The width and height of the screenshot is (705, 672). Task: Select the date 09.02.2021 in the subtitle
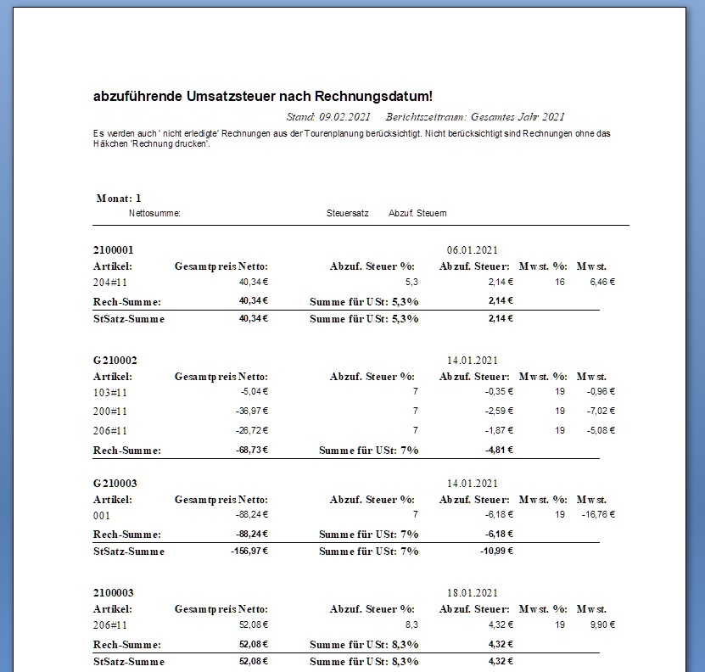tap(345, 117)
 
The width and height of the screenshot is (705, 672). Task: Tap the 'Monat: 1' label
tap(119, 198)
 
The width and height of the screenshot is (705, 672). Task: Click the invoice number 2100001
tap(114, 250)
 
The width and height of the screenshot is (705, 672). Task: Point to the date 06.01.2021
tap(472, 250)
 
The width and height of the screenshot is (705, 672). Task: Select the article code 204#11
tap(110, 282)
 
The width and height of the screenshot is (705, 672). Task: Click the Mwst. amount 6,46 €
tap(601, 282)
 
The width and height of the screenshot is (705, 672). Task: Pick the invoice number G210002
tap(115, 361)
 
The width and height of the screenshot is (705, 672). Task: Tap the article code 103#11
tap(110, 392)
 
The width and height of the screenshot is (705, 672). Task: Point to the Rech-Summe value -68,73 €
tap(251, 450)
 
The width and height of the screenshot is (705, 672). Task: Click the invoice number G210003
tap(115, 484)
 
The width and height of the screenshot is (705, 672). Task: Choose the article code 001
tap(102, 515)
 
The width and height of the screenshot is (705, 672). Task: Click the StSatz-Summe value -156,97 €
tap(249, 552)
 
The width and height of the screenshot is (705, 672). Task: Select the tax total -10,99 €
tap(495, 552)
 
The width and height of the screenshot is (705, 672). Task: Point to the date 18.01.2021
tap(472, 593)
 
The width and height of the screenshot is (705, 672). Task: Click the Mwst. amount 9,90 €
tap(601, 624)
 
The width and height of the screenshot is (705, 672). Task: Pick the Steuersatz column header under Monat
tap(347, 213)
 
